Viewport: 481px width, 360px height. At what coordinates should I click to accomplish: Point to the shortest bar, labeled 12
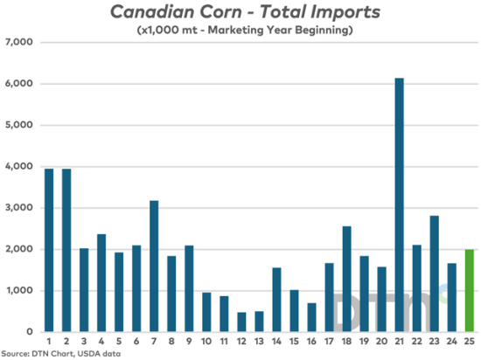click(241, 322)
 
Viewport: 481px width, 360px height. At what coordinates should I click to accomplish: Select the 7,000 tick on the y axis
click(19, 43)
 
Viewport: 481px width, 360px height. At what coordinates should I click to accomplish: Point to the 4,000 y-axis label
click(19, 167)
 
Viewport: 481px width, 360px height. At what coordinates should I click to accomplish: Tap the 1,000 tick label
click(19, 291)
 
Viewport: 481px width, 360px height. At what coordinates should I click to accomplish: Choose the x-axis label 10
click(206, 342)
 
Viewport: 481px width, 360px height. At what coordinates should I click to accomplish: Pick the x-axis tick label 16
click(312, 342)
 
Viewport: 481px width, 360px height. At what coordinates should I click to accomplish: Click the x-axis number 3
click(84, 342)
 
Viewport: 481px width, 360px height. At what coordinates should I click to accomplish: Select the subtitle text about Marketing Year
click(244, 31)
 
